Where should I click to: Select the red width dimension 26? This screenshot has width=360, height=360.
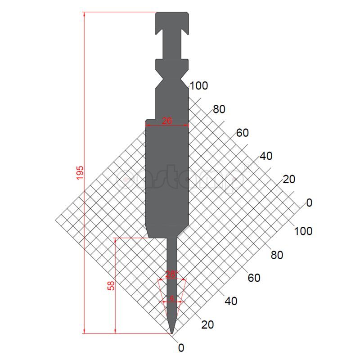[167, 121]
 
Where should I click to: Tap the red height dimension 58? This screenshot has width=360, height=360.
[111, 286]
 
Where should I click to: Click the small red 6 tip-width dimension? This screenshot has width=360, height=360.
[171, 298]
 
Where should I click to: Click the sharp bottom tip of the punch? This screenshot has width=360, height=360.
[172, 333]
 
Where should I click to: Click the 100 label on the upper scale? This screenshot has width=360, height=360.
[199, 85]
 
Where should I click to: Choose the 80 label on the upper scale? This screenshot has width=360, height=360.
[219, 109]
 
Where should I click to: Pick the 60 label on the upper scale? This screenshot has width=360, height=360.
[243, 133]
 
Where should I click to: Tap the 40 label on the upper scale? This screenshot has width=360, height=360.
[266, 156]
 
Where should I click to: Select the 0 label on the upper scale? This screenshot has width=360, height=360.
[309, 202]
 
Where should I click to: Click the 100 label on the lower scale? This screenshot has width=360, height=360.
[303, 231]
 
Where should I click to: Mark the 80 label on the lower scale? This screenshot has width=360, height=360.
[277, 255]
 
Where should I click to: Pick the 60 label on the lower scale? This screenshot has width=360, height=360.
[254, 278]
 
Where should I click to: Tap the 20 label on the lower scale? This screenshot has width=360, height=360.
[207, 324]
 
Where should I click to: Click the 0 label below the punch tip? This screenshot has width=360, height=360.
[181, 347]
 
